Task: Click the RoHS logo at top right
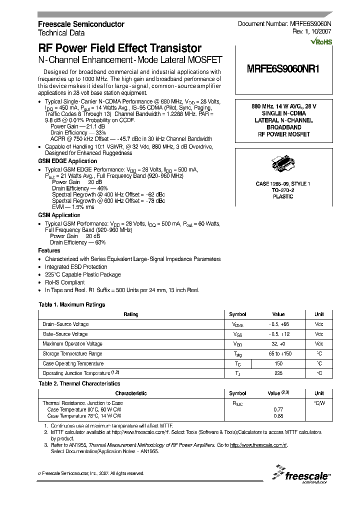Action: point(321,42)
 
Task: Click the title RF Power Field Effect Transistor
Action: point(120,48)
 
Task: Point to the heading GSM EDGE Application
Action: point(67,161)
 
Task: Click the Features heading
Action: point(49,250)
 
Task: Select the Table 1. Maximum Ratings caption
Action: point(72,304)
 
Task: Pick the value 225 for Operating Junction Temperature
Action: point(278,373)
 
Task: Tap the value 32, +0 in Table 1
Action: point(278,344)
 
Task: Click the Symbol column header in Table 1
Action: point(237,314)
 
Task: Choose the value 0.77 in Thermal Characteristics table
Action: point(278,409)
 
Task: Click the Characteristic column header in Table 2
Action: point(131,393)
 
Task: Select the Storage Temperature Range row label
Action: point(72,354)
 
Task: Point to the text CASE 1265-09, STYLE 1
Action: point(283,184)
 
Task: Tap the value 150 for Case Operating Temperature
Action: point(278,364)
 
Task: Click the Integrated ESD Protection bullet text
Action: point(76,267)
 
